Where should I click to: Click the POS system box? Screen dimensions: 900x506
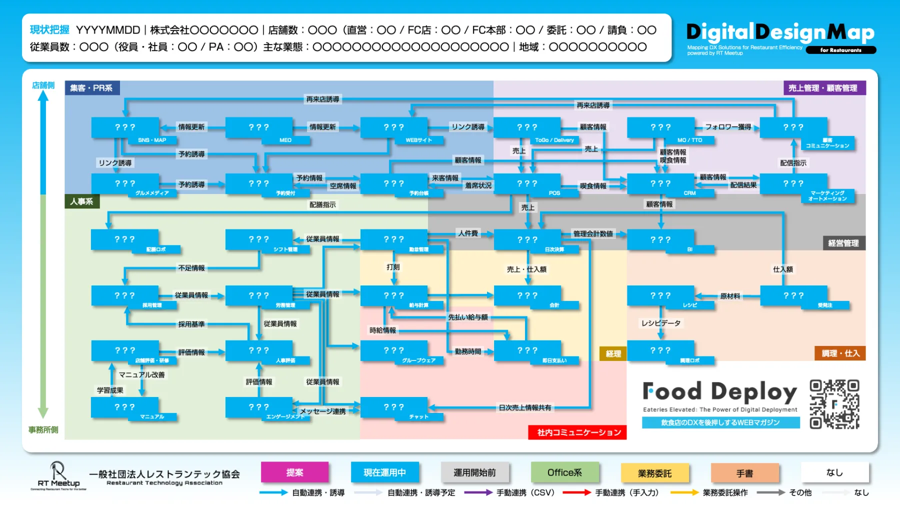[x=527, y=184]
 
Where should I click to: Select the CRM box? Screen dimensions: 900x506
[x=660, y=184]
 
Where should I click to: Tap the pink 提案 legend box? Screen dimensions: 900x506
[x=294, y=472]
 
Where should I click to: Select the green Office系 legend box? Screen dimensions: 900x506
[x=564, y=472]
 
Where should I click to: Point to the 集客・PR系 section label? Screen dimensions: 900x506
[x=91, y=88]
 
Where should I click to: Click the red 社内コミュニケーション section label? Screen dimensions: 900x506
[x=578, y=432]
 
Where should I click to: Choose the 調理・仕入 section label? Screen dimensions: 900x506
[x=840, y=353]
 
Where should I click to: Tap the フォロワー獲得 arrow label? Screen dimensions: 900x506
[x=728, y=127]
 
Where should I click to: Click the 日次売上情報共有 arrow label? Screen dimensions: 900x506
[x=524, y=408]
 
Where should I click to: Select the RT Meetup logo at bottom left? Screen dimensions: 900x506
[x=58, y=476]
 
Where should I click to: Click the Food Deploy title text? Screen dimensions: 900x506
[x=719, y=391]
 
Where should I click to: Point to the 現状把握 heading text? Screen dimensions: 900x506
[x=49, y=30]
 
